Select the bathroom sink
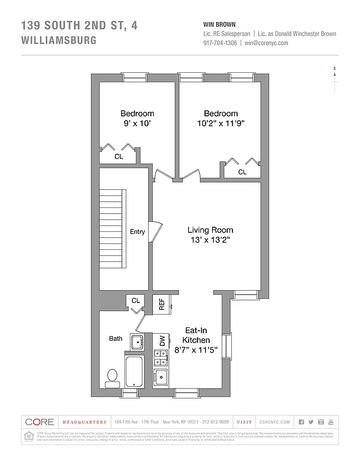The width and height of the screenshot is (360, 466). click(137, 341)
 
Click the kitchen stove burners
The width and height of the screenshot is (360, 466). click(160, 358)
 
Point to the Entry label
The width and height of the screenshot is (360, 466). click(137, 232)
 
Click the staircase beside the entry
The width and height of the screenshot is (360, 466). click(112, 227)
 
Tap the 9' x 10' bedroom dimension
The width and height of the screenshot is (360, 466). click(137, 123)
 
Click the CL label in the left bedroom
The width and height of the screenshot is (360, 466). click(118, 156)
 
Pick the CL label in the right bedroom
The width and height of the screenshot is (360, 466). click(242, 172)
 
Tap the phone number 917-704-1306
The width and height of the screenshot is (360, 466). click(220, 43)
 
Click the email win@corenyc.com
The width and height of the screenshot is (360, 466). click(266, 43)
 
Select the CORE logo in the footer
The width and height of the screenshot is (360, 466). click(39, 422)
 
